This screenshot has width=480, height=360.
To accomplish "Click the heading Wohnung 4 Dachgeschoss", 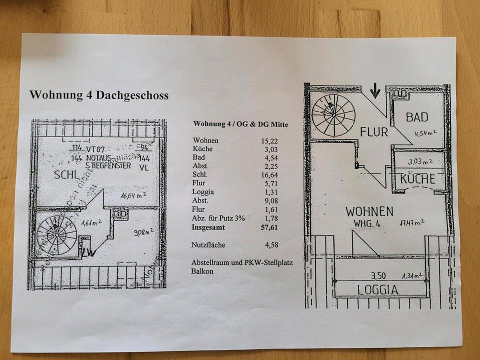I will (x=98, y=95).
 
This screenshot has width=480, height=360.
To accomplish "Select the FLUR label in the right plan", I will (x=374, y=132).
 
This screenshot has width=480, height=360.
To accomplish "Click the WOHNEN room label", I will (x=369, y=211).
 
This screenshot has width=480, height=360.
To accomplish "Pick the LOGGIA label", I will (x=377, y=289).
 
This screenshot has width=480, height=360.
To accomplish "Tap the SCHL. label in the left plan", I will (x=67, y=175).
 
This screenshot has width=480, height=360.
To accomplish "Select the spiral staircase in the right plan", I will (x=333, y=115).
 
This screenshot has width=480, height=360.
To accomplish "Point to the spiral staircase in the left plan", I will (x=57, y=235).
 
